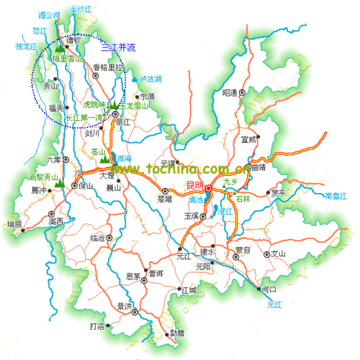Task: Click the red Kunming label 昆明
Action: (x=194, y=186)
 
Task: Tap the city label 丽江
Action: (x=124, y=122)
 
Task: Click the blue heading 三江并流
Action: (x=118, y=48)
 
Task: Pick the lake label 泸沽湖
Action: (x=150, y=78)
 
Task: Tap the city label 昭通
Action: (x=230, y=92)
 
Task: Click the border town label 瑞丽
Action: (x=14, y=224)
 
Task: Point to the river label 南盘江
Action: (x=336, y=196)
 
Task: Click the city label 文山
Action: (x=278, y=253)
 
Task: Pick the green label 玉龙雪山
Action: (x=134, y=106)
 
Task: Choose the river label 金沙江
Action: (x=81, y=9)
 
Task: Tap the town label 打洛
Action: (x=96, y=326)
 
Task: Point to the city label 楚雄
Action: (x=164, y=199)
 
